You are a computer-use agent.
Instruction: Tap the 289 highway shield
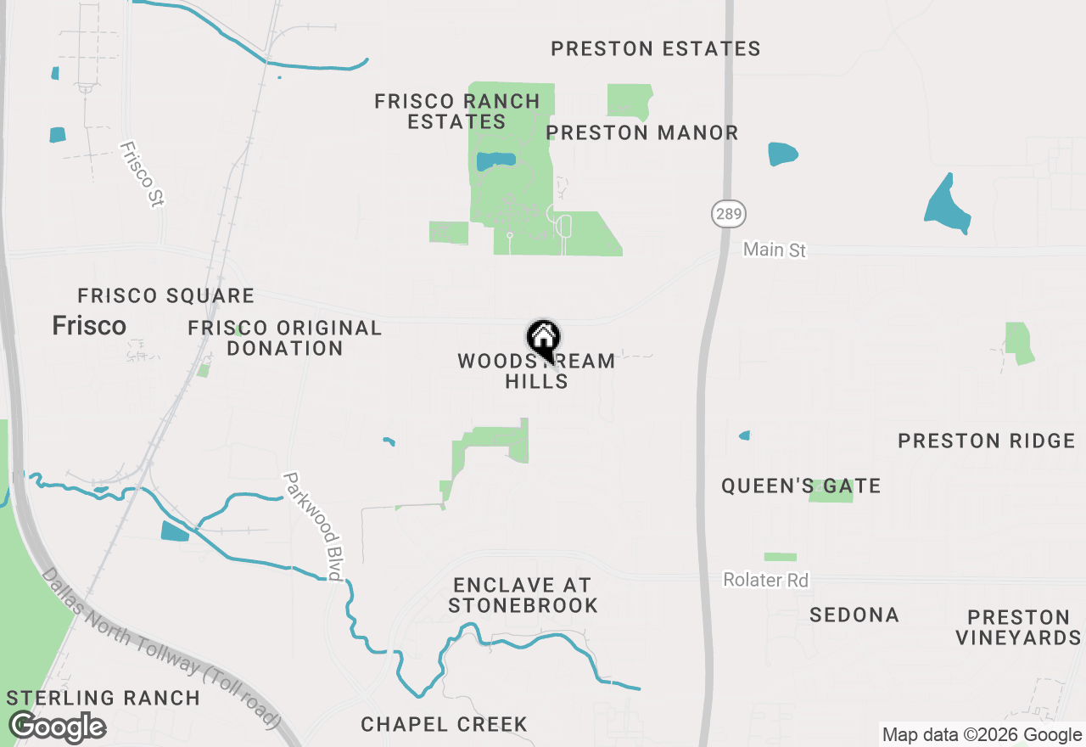pos(729,213)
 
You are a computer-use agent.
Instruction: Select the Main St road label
pos(774,250)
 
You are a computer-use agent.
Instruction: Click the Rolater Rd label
pos(765,580)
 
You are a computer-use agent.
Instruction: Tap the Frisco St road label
pos(142,174)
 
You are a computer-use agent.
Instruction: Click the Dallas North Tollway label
pos(160,649)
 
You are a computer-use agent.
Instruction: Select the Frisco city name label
pos(89,325)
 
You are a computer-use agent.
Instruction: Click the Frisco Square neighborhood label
pos(165,295)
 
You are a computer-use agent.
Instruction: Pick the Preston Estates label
pos(656,48)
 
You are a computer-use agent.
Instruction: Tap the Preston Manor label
pos(642,132)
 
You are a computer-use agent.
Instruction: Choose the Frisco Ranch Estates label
pos(457,111)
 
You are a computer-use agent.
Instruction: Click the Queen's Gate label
pos(801,486)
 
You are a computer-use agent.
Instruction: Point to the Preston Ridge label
pos(987,441)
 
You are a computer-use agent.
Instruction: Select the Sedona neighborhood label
pos(854,615)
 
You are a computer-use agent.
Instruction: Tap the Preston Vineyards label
pos(1018,627)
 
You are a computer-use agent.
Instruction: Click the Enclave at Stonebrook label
pos(523,595)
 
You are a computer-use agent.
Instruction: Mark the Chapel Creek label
pos(444,724)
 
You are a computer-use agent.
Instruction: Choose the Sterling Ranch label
pos(103,698)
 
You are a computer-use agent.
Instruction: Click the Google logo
pos(57,727)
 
